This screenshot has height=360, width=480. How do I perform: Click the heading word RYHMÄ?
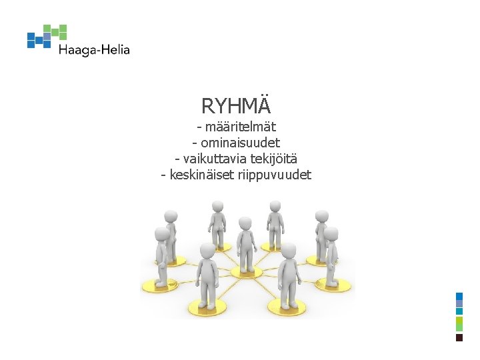click(x=236, y=105)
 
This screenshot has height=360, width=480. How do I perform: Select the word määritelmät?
click(x=241, y=127)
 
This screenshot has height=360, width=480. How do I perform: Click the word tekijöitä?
click(x=274, y=159)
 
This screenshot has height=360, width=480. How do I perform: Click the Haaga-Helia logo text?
click(x=93, y=49)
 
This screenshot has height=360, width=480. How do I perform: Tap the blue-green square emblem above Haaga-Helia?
click(x=47, y=36)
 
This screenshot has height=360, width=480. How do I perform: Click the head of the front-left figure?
click(x=207, y=251)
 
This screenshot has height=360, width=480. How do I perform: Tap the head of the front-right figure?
click(x=288, y=251)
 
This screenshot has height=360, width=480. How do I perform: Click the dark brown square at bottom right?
click(x=459, y=338)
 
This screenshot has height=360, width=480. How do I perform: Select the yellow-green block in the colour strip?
click(x=459, y=324)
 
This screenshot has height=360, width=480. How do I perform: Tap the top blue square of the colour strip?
click(x=459, y=296)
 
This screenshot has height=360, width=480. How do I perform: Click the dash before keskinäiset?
click(x=164, y=175)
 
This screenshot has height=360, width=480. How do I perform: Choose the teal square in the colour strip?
click(x=459, y=311)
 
